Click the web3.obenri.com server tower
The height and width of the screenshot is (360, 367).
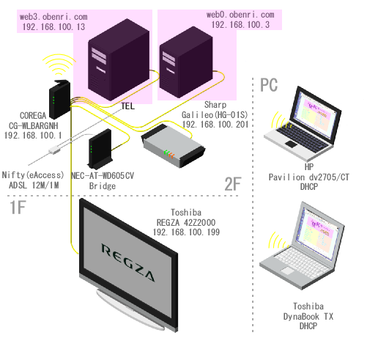[119, 60]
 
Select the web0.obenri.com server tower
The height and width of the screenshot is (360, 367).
[186, 62]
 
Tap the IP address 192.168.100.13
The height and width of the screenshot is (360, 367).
[53, 26]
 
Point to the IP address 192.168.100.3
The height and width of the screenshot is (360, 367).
[240, 24]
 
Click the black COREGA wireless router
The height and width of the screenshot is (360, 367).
[60, 99]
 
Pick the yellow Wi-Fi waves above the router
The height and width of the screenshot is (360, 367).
[59, 65]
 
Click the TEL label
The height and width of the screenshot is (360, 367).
[128, 106]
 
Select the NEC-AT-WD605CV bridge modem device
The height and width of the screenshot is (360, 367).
[100, 149]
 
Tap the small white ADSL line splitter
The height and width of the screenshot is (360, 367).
[54, 150]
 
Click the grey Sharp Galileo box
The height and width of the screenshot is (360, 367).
[173, 146]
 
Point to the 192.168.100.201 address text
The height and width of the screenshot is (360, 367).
[215, 124]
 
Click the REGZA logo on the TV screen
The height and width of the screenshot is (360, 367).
[128, 262]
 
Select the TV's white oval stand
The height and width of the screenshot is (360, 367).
[130, 310]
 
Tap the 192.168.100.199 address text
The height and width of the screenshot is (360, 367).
[186, 232]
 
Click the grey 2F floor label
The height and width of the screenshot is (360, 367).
[233, 184]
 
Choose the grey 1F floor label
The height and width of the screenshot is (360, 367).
[18, 207]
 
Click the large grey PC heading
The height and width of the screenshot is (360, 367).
[269, 85]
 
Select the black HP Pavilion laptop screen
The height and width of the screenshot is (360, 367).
[317, 115]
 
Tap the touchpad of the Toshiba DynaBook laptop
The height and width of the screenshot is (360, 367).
[287, 271]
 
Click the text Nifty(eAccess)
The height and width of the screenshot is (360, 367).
[33, 175]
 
